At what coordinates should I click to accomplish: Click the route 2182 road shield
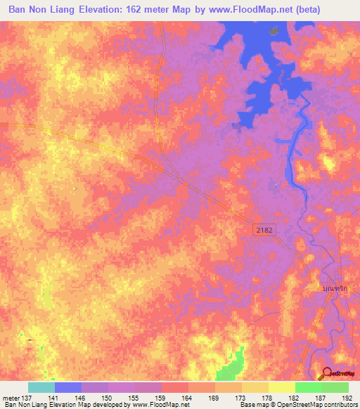263,230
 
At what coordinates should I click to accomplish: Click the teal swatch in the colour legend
41,387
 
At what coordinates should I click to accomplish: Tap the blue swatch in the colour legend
68,387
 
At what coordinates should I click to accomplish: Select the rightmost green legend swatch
335,387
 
